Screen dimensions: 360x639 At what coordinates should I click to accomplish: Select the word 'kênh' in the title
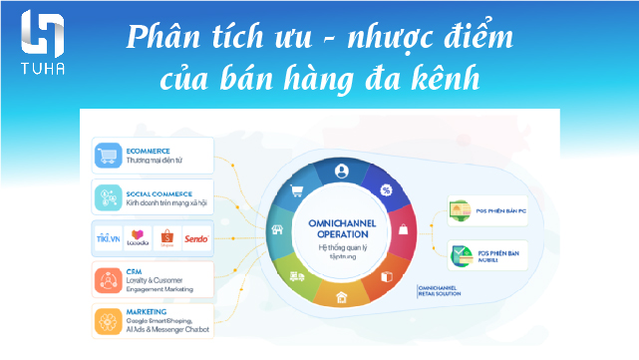coord(444,78)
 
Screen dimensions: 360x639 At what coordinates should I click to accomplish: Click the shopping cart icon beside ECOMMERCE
coord(107,155)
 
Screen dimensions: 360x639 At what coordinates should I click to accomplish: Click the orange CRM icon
coord(107,279)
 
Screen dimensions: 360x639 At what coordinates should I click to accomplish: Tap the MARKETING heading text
coord(150,310)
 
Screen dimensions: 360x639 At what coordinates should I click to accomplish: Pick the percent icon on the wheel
coord(387,189)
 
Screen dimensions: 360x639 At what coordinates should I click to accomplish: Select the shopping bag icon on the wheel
coord(403,230)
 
